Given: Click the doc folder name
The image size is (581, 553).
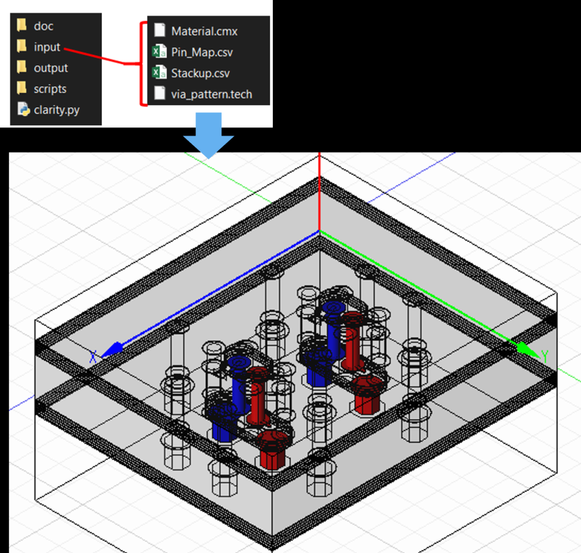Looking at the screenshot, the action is pos(44,26).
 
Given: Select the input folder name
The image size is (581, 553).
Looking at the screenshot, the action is pos(47,47).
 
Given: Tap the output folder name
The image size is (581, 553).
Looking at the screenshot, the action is pos(51,68).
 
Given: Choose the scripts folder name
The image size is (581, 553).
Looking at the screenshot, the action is pos(50,89).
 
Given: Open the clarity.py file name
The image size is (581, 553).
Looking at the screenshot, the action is pos(56,110).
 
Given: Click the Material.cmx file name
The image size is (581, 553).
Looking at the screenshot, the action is pos(204,32).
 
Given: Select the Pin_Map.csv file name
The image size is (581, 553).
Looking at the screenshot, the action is pos(202,53).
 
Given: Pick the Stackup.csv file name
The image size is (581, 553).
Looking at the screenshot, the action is pos(201,73).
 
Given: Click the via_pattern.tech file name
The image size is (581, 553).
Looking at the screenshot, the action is pos(211,95).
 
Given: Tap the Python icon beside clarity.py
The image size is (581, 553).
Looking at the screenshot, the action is pos(23,109).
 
